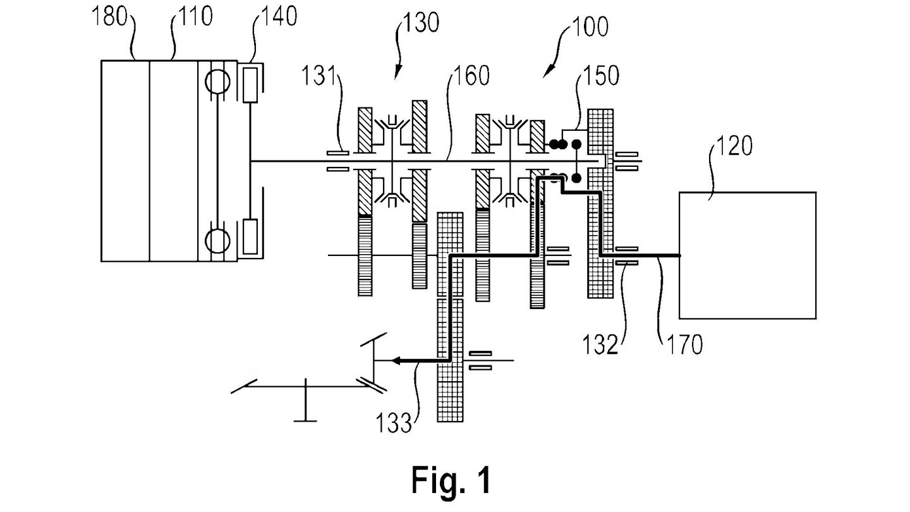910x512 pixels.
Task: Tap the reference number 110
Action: (x=196, y=16)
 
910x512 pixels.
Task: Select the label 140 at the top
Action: (x=279, y=16)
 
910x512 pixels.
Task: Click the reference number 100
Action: (x=590, y=27)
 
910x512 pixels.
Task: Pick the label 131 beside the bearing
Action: (x=319, y=76)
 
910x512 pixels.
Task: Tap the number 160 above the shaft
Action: (x=471, y=76)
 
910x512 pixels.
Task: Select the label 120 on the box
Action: (x=734, y=146)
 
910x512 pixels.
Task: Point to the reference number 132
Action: (x=600, y=344)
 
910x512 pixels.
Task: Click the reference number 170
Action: (x=685, y=344)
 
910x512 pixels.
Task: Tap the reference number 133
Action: (x=394, y=423)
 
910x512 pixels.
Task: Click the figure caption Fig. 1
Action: (x=451, y=480)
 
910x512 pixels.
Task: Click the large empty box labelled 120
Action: (x=748, y=255)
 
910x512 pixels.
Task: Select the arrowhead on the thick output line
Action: (x=396, y=360)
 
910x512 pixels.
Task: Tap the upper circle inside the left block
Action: (x=217, y=82)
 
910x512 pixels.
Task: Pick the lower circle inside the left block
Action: (x=217, y=241)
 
